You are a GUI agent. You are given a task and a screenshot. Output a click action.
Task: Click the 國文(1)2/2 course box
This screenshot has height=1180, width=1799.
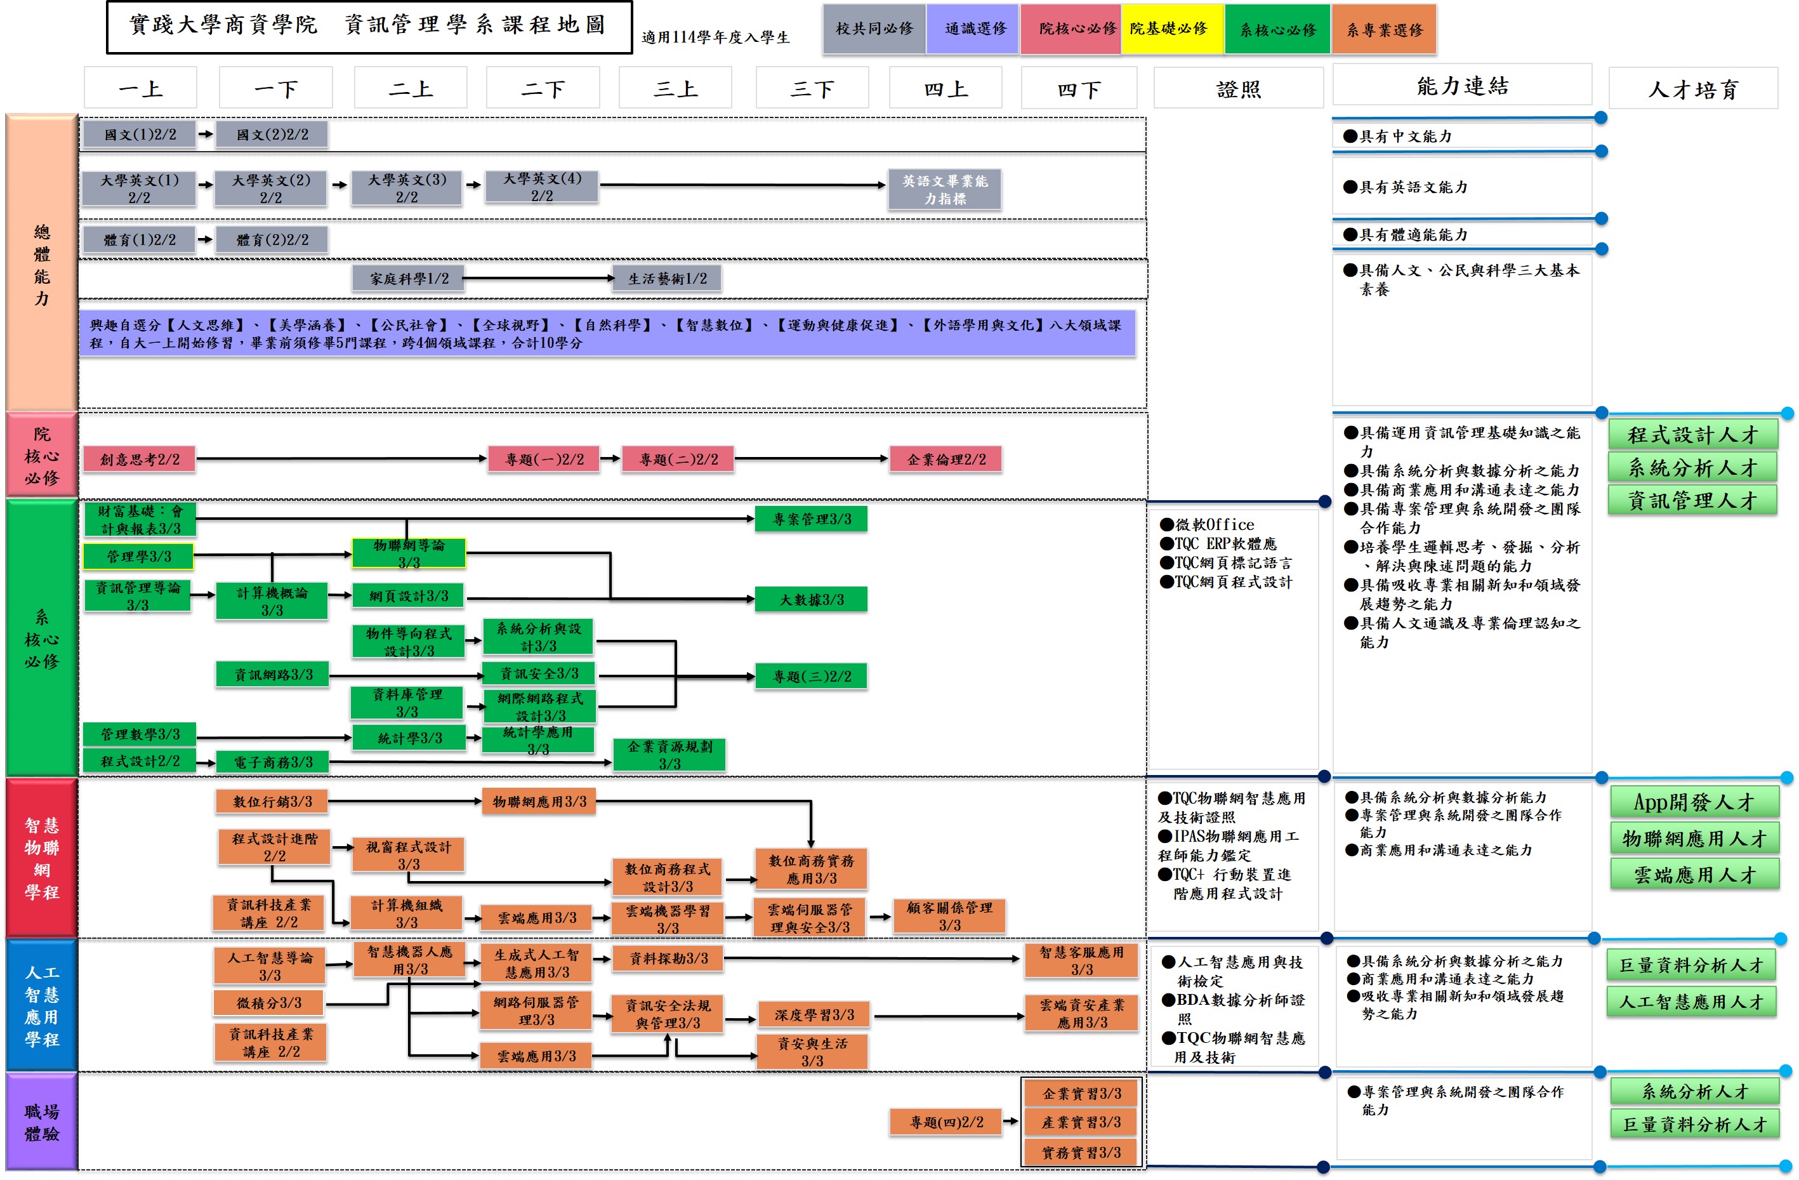click(x=139, y=135)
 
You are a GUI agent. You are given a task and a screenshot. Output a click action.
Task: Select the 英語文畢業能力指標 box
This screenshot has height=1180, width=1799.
click(x=944, y=189)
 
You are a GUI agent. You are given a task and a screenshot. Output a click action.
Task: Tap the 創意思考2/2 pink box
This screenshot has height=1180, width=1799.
click(x=139, y=459)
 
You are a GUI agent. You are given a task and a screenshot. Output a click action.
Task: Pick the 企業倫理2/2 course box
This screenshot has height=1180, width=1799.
click(x=946, y=459)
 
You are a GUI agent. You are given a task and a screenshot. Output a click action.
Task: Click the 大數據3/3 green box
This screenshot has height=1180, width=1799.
click(x=811, y=599)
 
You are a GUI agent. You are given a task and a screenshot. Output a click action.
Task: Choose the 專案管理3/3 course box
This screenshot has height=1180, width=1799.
click(x=811, y=519)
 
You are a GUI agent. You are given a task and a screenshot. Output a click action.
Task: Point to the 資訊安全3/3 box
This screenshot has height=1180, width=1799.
click(x=539, y=673)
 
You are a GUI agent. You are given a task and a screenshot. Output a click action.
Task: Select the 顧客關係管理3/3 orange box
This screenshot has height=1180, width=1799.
click(x=949, y=915)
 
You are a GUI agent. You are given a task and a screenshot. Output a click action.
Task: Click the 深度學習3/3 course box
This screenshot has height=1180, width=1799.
click(x=814, y=1014)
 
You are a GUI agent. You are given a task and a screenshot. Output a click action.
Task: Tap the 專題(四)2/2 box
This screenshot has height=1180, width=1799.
click(x=946, y=1122)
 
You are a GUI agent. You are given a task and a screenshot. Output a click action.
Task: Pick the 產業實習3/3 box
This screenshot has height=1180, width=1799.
click(x=1080, y=1122)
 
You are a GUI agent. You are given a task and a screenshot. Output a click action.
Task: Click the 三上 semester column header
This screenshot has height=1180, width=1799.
click(x=675, y=88)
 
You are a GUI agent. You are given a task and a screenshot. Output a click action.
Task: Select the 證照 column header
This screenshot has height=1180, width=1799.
click(x=1237, y=88)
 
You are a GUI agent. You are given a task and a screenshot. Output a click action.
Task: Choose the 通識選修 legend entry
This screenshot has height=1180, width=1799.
click(x=973, y=29)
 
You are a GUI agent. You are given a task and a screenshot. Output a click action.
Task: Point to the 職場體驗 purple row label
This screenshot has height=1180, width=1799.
click(x=42, y=1122)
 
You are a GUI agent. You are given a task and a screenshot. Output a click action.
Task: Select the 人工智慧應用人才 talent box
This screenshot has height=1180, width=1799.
click(x=1691, y=1002)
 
